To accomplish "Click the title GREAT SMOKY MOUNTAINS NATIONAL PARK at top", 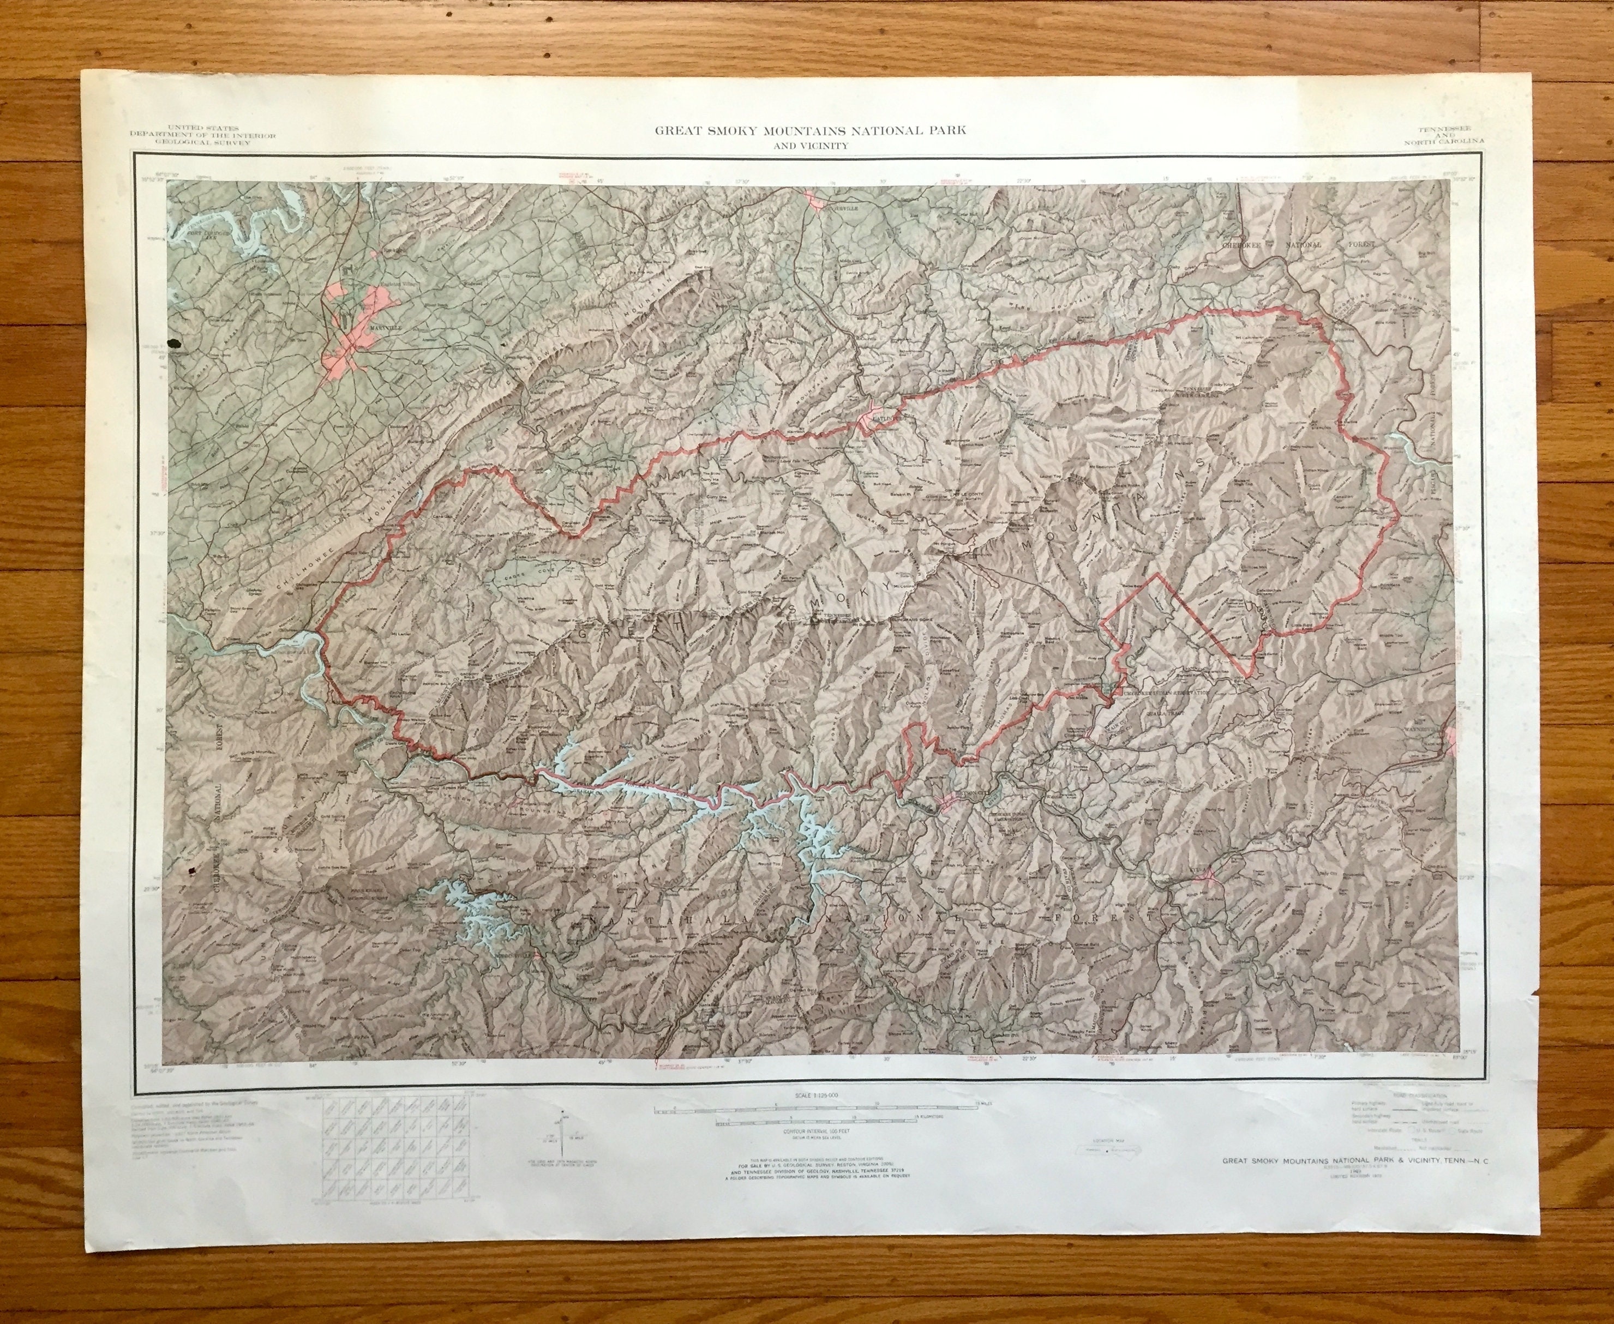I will [810, 130].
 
